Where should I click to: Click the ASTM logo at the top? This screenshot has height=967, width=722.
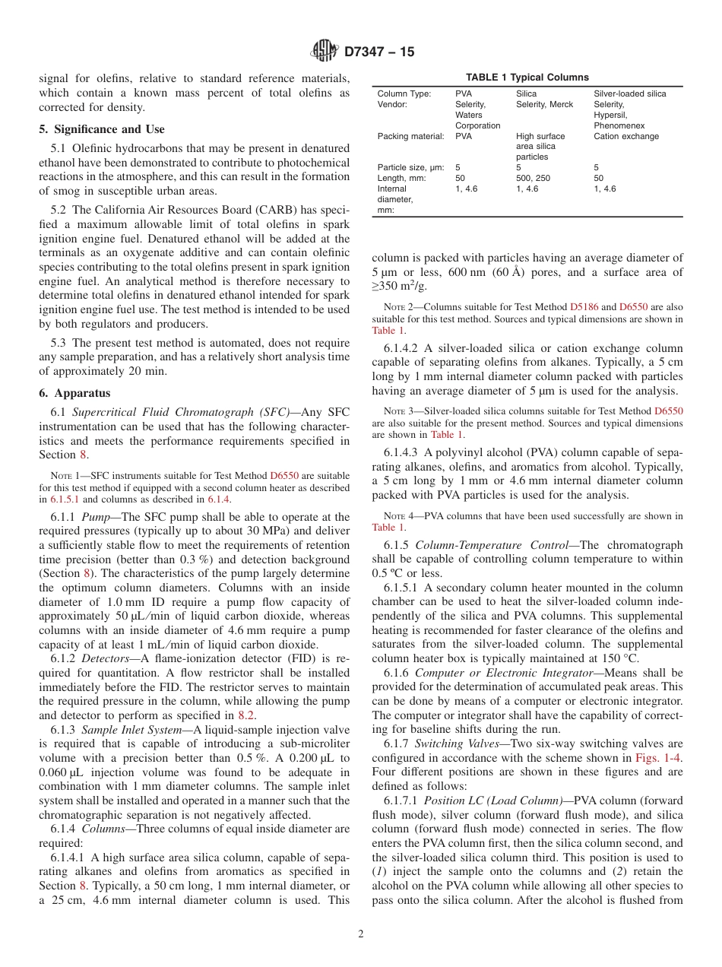(x=325, y=52)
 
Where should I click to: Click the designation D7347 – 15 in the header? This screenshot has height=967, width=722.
(x=379, y=52)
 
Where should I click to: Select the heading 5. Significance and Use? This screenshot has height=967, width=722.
(x=102, y=129)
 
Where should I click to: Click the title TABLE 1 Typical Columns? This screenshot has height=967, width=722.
(x=527, y=78)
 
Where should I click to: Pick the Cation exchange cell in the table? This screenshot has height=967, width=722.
(x=626, y=136)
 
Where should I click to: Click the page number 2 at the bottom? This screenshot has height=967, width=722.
(x=361, y=934)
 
